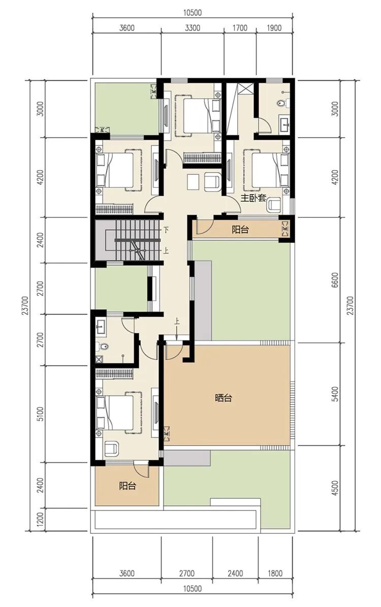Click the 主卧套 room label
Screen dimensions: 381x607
(x=253, y=199)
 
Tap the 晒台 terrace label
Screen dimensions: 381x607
(x=224, y=398)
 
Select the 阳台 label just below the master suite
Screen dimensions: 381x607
(x=240, y=230)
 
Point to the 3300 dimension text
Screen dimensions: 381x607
(x=193, y=28)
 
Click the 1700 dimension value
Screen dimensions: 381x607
(x=240, y=28)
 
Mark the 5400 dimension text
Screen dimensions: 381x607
(x=335, y=394)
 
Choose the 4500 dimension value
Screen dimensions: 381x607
(x=335, y=488)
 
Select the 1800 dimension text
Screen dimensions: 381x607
(x=274, y=573)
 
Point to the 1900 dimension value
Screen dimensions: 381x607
(x=274, y=28)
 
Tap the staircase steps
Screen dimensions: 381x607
(x=138, y=240)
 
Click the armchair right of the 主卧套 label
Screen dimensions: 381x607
(x=274, y=205)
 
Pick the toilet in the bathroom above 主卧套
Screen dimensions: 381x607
(x=282, y=104)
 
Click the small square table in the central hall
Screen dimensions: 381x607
(x=193, y=182)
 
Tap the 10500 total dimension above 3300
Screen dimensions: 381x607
(x=193, y=13)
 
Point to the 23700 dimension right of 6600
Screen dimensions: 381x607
(x=351, y=305)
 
